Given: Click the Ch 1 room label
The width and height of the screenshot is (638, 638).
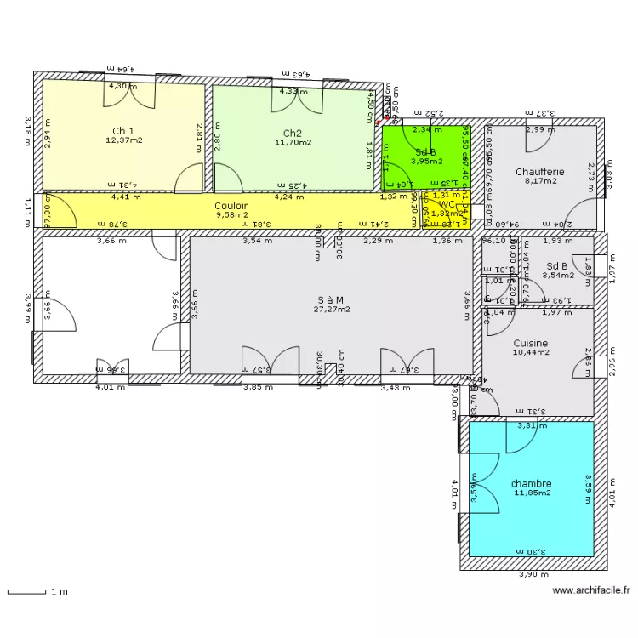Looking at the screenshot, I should pos(123,131).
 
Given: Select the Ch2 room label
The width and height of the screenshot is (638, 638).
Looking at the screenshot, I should pos(292,133).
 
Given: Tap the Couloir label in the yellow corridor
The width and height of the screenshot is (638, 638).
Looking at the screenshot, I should pos(231,206).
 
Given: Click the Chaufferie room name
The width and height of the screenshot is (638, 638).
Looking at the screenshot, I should pos(539,172).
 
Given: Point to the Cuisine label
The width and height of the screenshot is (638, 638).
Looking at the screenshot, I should pos(530,343).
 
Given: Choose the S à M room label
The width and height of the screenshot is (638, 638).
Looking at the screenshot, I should pos(330,299).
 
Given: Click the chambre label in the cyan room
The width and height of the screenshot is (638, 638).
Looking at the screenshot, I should pos(531,483).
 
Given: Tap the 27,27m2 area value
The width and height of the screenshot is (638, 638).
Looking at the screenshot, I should pos(330,310).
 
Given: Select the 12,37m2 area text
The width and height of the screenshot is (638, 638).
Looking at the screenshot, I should pos(123,140).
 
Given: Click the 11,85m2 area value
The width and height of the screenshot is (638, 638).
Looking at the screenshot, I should pos(531,493).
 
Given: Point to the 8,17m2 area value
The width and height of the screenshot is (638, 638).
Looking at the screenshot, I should pos(539,181).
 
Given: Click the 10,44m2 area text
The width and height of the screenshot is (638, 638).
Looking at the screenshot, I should pos(530,352).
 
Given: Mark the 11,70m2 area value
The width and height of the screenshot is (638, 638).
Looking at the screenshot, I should pos(292,142).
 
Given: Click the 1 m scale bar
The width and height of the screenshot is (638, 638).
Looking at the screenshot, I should pos(34,591).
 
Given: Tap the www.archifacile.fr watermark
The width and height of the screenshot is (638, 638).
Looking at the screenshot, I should pos(590,590).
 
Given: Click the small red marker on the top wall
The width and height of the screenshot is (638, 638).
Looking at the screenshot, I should pos(387,117).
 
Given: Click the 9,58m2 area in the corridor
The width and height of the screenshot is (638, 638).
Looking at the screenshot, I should pos(231,215).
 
